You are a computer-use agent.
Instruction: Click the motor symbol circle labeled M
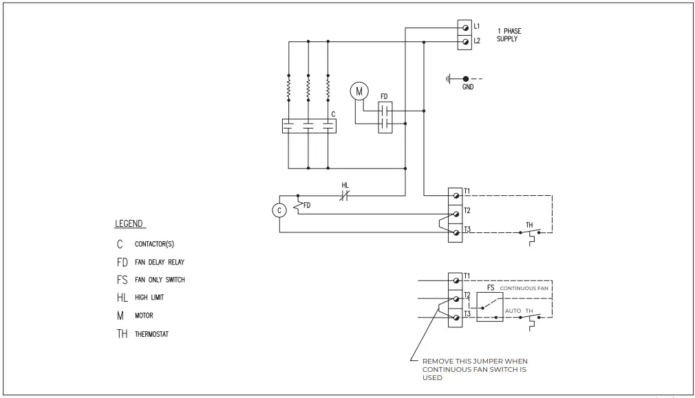[x=359, y=91]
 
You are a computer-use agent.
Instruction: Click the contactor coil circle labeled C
[x=279, y=211]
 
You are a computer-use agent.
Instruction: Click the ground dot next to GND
[x=466, y=79]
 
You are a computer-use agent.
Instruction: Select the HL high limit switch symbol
[x=345, y=196]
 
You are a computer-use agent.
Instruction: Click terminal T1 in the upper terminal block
[x=456, y=195]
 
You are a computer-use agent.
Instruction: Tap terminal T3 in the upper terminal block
[x=456, y=233]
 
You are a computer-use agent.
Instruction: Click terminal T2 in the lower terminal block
[x=456, y=300]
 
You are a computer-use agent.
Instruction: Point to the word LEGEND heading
[x=129, y=224]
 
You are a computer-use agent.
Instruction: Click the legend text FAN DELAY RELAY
[x=160, y=262]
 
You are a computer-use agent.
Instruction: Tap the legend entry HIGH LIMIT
[x=149, y=298]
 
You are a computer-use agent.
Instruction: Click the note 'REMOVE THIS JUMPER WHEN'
[x=475, y=361]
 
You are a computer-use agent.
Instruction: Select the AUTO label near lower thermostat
[x=513, y=311]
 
